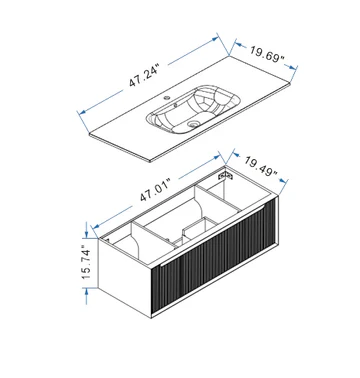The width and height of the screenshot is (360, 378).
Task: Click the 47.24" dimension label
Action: click(x=145, y=77)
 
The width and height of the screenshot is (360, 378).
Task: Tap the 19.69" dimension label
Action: click(x=267, y=54)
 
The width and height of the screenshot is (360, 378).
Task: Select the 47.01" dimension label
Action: click(x=156, y=190)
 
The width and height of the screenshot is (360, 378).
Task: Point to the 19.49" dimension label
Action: click(x=261, y=166)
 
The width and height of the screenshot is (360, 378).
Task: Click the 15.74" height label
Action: click(x=85, y=263)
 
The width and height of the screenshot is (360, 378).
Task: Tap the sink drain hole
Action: click(x=192, y=124)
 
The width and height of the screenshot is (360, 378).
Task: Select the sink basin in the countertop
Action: click(x=193, y=110)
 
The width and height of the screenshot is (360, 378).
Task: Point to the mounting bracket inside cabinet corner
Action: click(x=225, y=175)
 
